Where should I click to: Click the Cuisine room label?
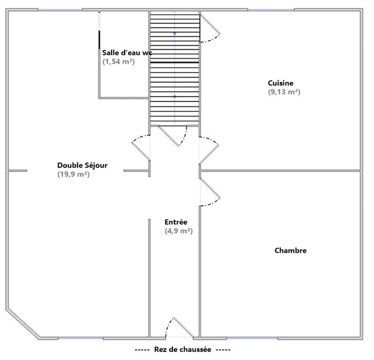pos(280,83)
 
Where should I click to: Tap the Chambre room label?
pos(291,250)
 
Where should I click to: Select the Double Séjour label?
pos(83,166)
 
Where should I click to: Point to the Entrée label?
pos(176,222)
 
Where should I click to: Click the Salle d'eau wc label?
pos(127,52)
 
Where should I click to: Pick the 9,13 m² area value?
pos(284,92)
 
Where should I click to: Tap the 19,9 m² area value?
pos(73,174)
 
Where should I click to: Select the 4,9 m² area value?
pos(179,231)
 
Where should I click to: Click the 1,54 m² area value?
pos(119,62)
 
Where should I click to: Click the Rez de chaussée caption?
pos(183,350)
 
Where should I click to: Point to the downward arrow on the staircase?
pos(174,34)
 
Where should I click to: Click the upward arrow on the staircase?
pos(174,96)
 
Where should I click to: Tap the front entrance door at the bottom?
pos(179,327)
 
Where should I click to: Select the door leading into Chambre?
pos(210,192)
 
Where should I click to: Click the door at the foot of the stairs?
pos(173,136)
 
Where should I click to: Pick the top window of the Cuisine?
pos(271,10)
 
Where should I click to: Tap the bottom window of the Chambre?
pos(252,338)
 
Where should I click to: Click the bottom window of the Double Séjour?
pos(81,338)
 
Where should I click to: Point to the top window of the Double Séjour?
pos(60,10)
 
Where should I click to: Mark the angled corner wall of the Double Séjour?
pos(23,324)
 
